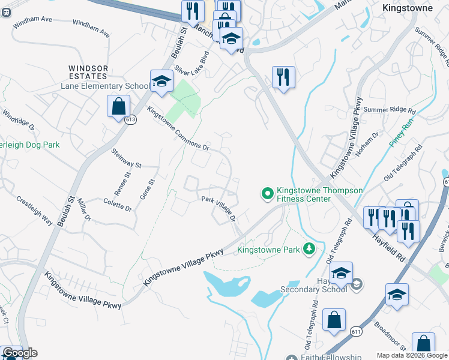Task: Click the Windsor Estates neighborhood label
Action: pyautogui.click(x=88, y=72)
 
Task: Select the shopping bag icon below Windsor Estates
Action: pyautogui.click(x=119, y=106)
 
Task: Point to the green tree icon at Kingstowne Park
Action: pyautogui.click(x=309, y=248)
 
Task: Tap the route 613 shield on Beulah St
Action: pyautogui.click(x=130, y=120)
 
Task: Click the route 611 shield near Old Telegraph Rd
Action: pyautogui.click(x=356, y=331)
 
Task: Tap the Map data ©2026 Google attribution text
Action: pyautogui.click(x=411, y=355)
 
